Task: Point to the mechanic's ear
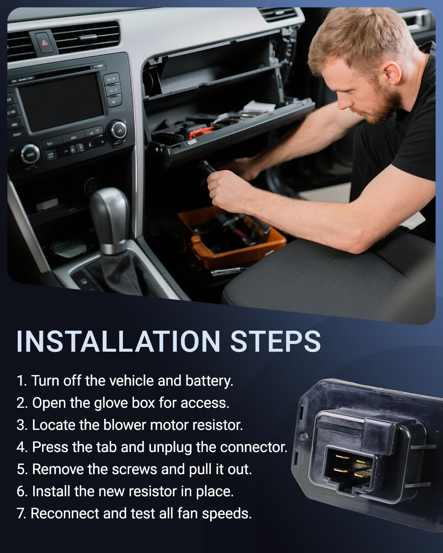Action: tap(392, 74)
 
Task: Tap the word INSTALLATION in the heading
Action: tap(119, 341)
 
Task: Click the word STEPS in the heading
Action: tap(275, 341)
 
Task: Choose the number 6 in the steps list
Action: tap(21, 491)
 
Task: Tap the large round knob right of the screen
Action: tap(117, 131)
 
